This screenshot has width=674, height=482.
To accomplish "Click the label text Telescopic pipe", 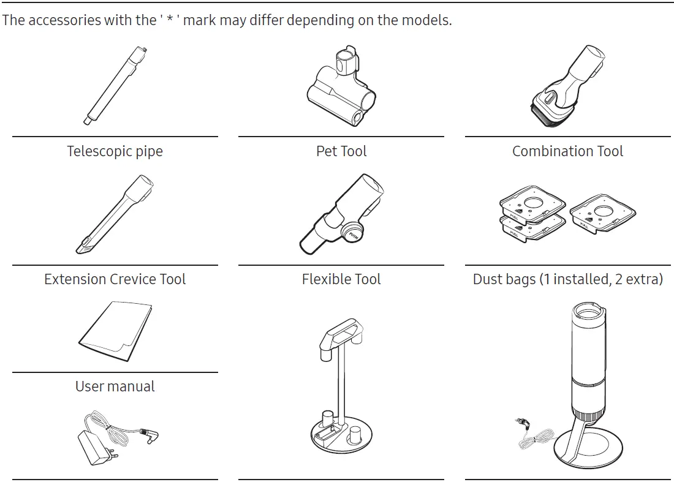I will pyautogui.click(x=115, y=151).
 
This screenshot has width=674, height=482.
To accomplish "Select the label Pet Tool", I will pyautogui.click(x=341, y=151).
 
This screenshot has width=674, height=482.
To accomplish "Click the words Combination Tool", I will pyautogui.click(x=567, y=151).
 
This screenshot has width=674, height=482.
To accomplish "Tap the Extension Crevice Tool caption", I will pyautogui.click(x=115, y=279).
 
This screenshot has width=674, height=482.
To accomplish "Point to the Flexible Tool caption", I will pyautogui.click(x=341, y=279).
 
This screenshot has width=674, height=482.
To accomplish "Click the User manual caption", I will pyautogui.click(x=115, y=386).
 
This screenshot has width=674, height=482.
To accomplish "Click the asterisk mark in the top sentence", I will pyautogui.click(x=170, y=20).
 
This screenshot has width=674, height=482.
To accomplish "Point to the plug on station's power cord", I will pyautogui.click(x=522, y=421).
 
